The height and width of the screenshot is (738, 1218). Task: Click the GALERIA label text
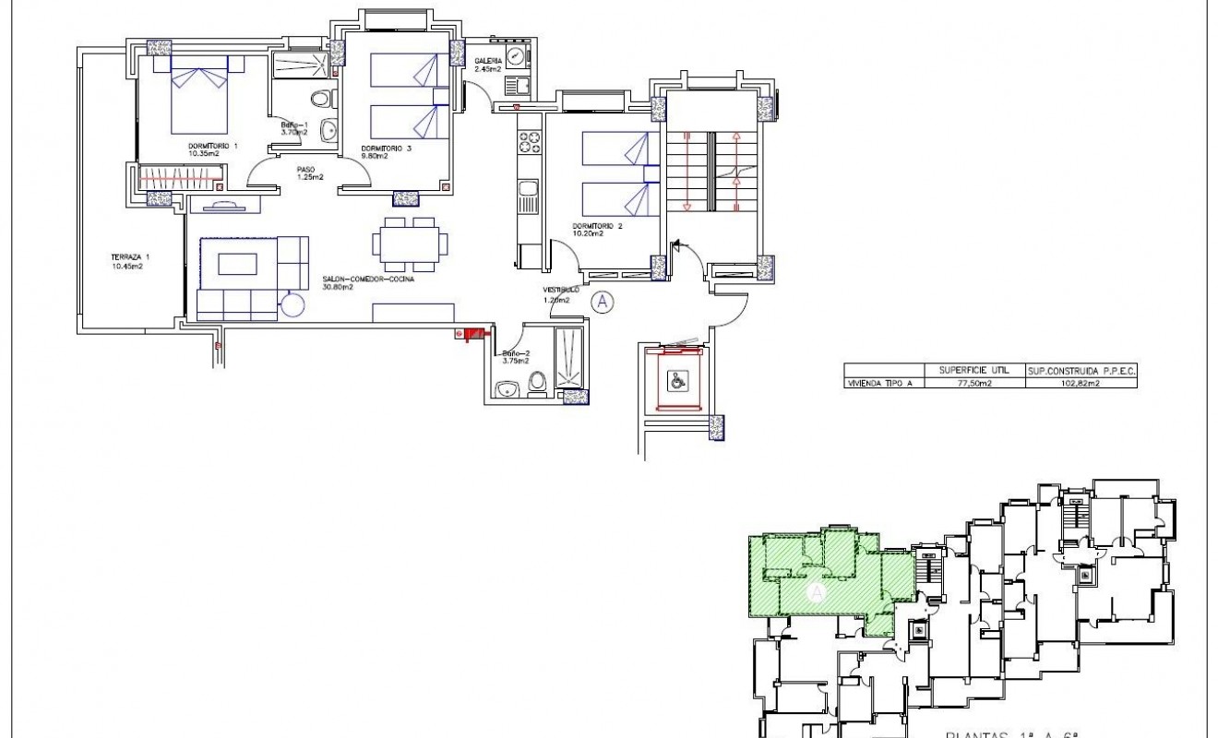488,61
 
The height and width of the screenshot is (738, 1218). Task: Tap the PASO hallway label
305,169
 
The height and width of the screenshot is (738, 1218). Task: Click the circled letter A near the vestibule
602,301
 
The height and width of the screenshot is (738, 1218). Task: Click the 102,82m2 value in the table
1079,382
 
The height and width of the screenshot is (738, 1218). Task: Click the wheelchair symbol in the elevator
676,378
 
